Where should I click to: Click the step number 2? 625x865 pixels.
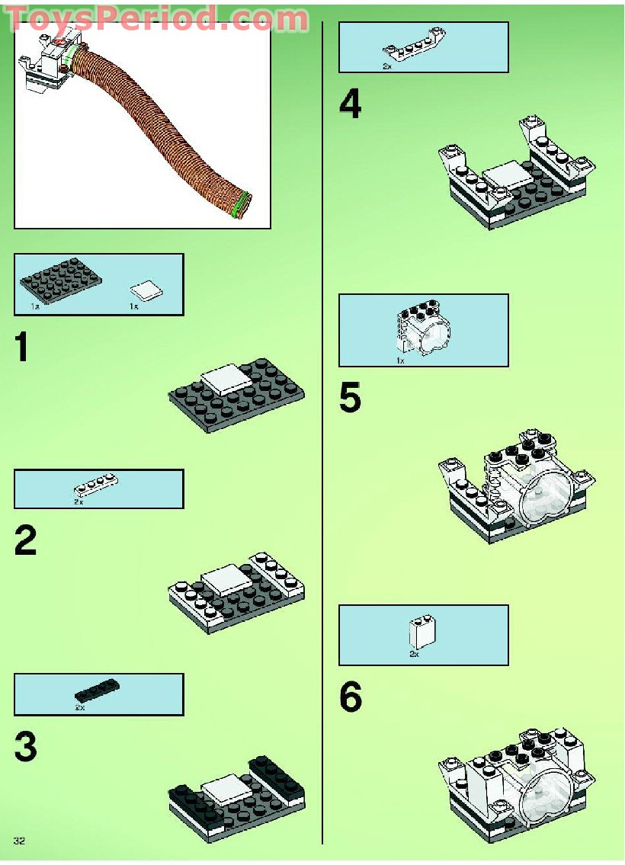26,541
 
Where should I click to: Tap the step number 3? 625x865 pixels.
26,747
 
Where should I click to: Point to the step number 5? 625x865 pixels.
351,399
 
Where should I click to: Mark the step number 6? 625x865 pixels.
351,698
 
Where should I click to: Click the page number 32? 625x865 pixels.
20,840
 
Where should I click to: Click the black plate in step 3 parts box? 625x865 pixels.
97,690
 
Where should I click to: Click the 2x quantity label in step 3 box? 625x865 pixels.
79,708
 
